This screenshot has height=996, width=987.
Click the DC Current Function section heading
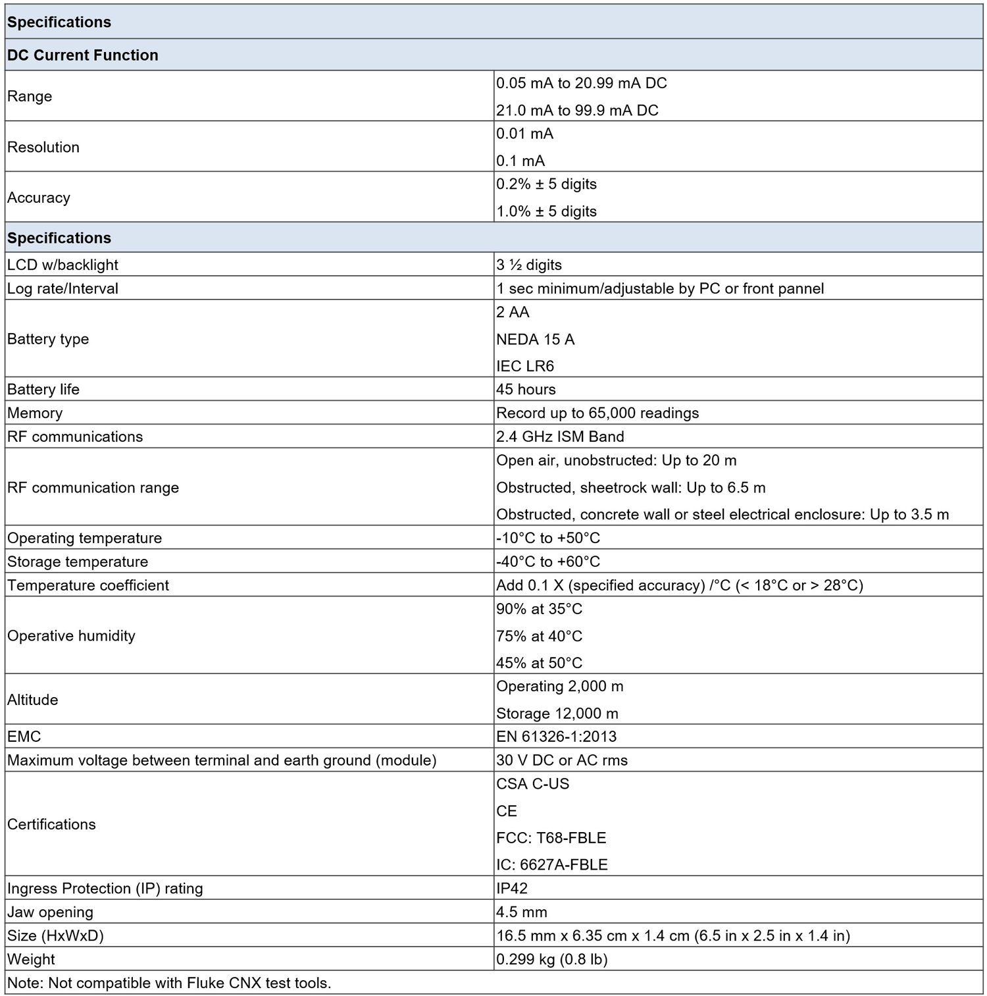(x=83, y=55)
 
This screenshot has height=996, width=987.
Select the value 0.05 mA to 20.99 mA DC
(x=581, y=84)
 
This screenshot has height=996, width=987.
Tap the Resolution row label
(x=43, y=147)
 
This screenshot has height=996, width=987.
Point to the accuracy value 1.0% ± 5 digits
(x=546, y=211)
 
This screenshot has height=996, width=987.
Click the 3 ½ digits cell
(x=529, y=265)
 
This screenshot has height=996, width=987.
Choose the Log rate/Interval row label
(x=63, y=288)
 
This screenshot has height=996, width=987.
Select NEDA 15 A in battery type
(x=535, y=339)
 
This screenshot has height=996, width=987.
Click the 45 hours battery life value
(x=526, y=389)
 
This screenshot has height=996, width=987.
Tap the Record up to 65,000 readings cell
(x=597, y=413)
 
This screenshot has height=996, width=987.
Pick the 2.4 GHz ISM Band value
(x=560, y=436)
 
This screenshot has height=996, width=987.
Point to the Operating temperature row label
(x=84, y=538)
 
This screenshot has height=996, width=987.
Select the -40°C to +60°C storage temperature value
(x=548, y=562)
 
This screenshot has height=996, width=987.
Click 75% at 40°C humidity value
(x=539, y=636)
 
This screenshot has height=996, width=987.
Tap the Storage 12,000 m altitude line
(x=557, y=714)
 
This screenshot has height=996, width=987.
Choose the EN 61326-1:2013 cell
(x=557, y=737)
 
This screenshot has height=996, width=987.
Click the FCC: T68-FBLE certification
(x=551, y=838)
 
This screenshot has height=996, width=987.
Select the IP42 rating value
(x=512, y=888)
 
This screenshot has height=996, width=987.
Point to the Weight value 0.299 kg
(x=551, y=959)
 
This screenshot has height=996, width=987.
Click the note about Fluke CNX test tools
(x=169, y=983)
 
